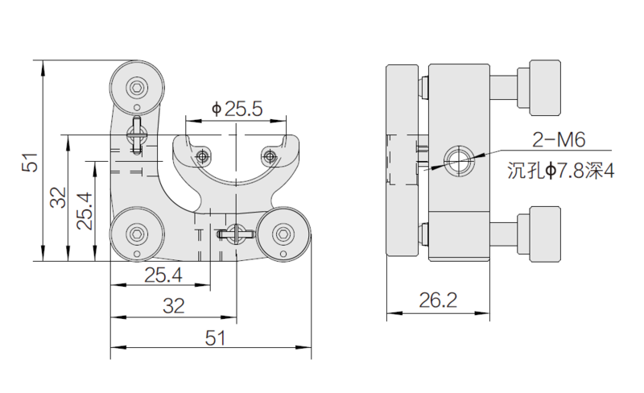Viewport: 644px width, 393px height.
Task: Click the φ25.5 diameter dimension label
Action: pyautogui.click(x=237, y=109)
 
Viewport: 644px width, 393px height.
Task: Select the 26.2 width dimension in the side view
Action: pyautogui.click(x=438, y=300)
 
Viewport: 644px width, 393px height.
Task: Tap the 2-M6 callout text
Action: pyautogui.click(x=559, y=140)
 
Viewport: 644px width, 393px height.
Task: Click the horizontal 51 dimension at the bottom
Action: pyautogui.click(x=216, y=338)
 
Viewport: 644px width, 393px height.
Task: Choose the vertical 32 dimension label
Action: pyautogui.click(x=58, y=197)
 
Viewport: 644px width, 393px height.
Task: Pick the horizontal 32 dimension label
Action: pyautogui.click(x=173, y=306)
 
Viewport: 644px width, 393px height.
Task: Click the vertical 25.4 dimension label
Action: pyautogui.click(x=85, y=211)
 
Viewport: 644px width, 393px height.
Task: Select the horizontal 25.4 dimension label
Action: pyautogui.click(x=163, y=275)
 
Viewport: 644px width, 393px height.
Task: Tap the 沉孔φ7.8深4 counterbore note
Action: pyautogui.click(x=560, y=171)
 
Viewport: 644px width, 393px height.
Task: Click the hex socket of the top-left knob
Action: pyautogui.click(x=137, y=87)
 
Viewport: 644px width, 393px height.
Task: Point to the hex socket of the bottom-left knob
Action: pyautogui.click(x=137, y=234)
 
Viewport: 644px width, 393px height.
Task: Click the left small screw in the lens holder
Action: pyautogui.click(x=202, y=156)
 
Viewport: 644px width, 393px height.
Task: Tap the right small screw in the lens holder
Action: pyautogui.click(x=269, y=156)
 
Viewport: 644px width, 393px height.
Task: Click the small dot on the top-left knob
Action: pyautogui.click(x=137, y=108)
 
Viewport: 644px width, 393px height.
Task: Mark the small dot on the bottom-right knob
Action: pyautogui.click(x=283, y=253)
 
